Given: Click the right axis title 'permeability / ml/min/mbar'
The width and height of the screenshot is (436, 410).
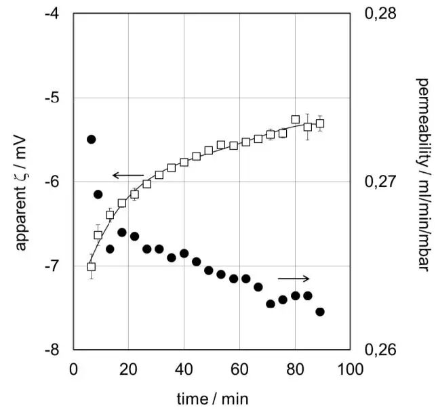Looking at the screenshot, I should point(422,183).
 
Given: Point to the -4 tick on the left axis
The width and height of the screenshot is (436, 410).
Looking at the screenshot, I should point(55,14).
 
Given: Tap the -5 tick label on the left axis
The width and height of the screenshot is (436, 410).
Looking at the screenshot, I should point(55,98).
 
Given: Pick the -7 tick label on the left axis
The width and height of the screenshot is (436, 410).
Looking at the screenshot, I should point(55,266).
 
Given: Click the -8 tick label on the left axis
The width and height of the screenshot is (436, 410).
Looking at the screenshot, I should point(55,350).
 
